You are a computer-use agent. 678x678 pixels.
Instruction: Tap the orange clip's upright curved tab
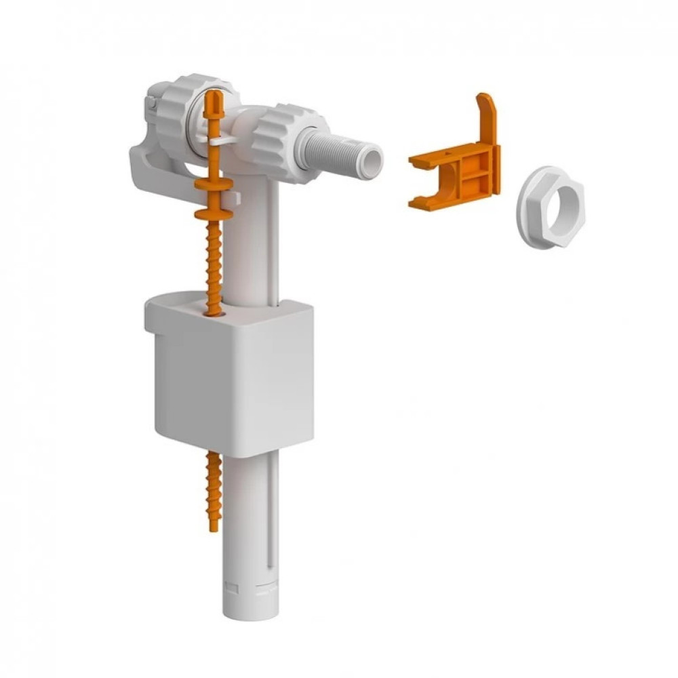click(x=486, y=115)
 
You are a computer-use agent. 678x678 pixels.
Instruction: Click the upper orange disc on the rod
click(x=213, y=184)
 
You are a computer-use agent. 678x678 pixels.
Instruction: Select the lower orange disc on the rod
click(x=213, y=214)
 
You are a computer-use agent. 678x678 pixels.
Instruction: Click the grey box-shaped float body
click(x=231, y=380)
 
